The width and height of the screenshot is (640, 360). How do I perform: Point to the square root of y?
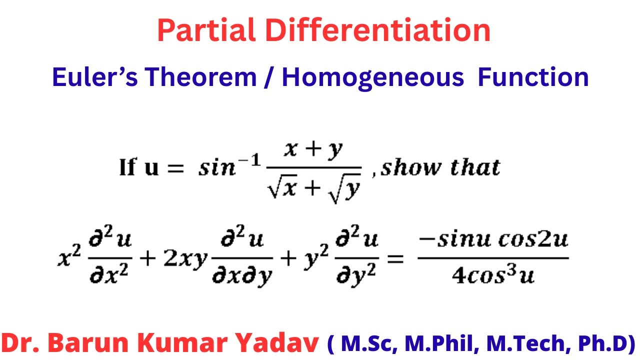[x=345, y=189]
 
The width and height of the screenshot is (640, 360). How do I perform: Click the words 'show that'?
[x=440, y=167]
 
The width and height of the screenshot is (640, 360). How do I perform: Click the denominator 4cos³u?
[x=492, y=274]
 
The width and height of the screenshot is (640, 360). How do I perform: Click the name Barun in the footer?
[x=96, y=344]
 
